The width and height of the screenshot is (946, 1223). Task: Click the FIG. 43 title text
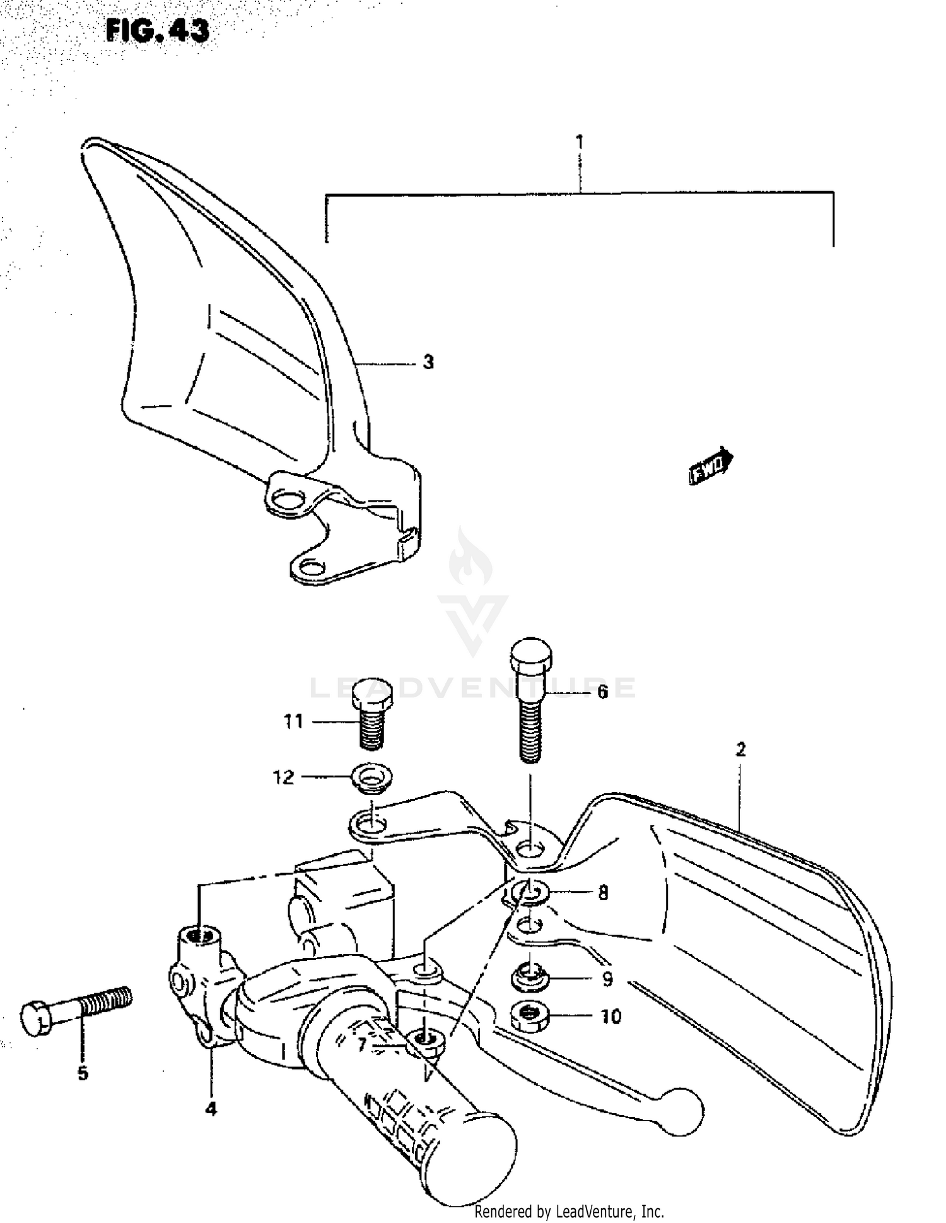tap(157, 30)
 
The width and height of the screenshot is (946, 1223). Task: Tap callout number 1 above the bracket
tap(580, 143)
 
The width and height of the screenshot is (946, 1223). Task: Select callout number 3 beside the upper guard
tap(428, 362)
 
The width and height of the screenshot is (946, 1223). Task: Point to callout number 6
tap(602, 692)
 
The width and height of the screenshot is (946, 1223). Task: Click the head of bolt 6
tap(530, 656)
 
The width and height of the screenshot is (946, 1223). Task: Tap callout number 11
tap(293, 721)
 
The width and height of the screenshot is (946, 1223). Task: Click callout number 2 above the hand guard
tap(740, 750)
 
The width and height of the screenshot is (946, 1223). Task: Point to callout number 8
tap(603, 893)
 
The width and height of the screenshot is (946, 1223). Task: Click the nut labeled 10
tap(529, 1016)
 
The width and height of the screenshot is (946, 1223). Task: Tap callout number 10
tap(610, 1017)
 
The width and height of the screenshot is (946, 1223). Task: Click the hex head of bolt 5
tap(36, 1019)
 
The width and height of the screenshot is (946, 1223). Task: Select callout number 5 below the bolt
tap(83, 1073)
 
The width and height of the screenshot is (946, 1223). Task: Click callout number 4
tap(211, 1109)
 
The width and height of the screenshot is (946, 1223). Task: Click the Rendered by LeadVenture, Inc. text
tap(569, 1212)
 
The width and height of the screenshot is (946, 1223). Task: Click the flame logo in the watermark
tap(470, 558)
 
